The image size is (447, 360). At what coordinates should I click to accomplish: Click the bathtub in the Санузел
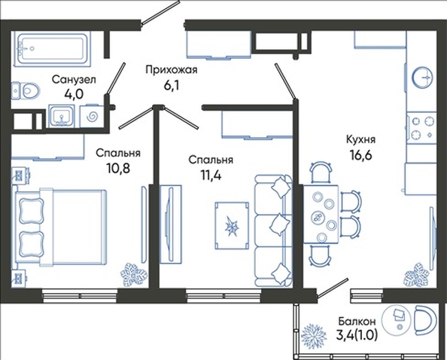coord(52,50)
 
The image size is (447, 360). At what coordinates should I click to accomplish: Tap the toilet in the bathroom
coord(26,91)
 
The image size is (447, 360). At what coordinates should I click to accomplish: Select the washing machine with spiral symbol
coord(91,117)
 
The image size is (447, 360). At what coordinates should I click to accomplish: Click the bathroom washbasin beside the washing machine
coord(62,116)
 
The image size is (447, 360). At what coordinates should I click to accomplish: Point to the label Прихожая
coord(172,69)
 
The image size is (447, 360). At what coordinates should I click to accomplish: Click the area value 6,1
coord(171,85)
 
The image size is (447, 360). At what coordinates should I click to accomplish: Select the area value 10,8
coord(118,168)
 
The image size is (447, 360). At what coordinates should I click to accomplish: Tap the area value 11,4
coord(211,175)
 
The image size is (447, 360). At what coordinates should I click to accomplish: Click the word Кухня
coord(361,139)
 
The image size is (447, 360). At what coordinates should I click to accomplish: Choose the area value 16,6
coord(361,156)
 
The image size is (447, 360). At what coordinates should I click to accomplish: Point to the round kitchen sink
coord(422,77)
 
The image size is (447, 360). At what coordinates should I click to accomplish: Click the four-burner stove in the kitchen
coord(421,128)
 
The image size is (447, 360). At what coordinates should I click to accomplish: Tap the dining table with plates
coord(321,214)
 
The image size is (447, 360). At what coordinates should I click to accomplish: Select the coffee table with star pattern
coord(232,226)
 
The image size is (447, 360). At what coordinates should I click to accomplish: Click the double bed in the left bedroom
coord(60,227)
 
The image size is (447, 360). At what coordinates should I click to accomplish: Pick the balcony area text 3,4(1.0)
coord(357,335)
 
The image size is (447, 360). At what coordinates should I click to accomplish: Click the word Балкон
coord(357,322)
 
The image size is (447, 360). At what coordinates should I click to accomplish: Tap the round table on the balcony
coord(397,320)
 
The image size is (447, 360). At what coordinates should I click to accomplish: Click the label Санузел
coord(74,80)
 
